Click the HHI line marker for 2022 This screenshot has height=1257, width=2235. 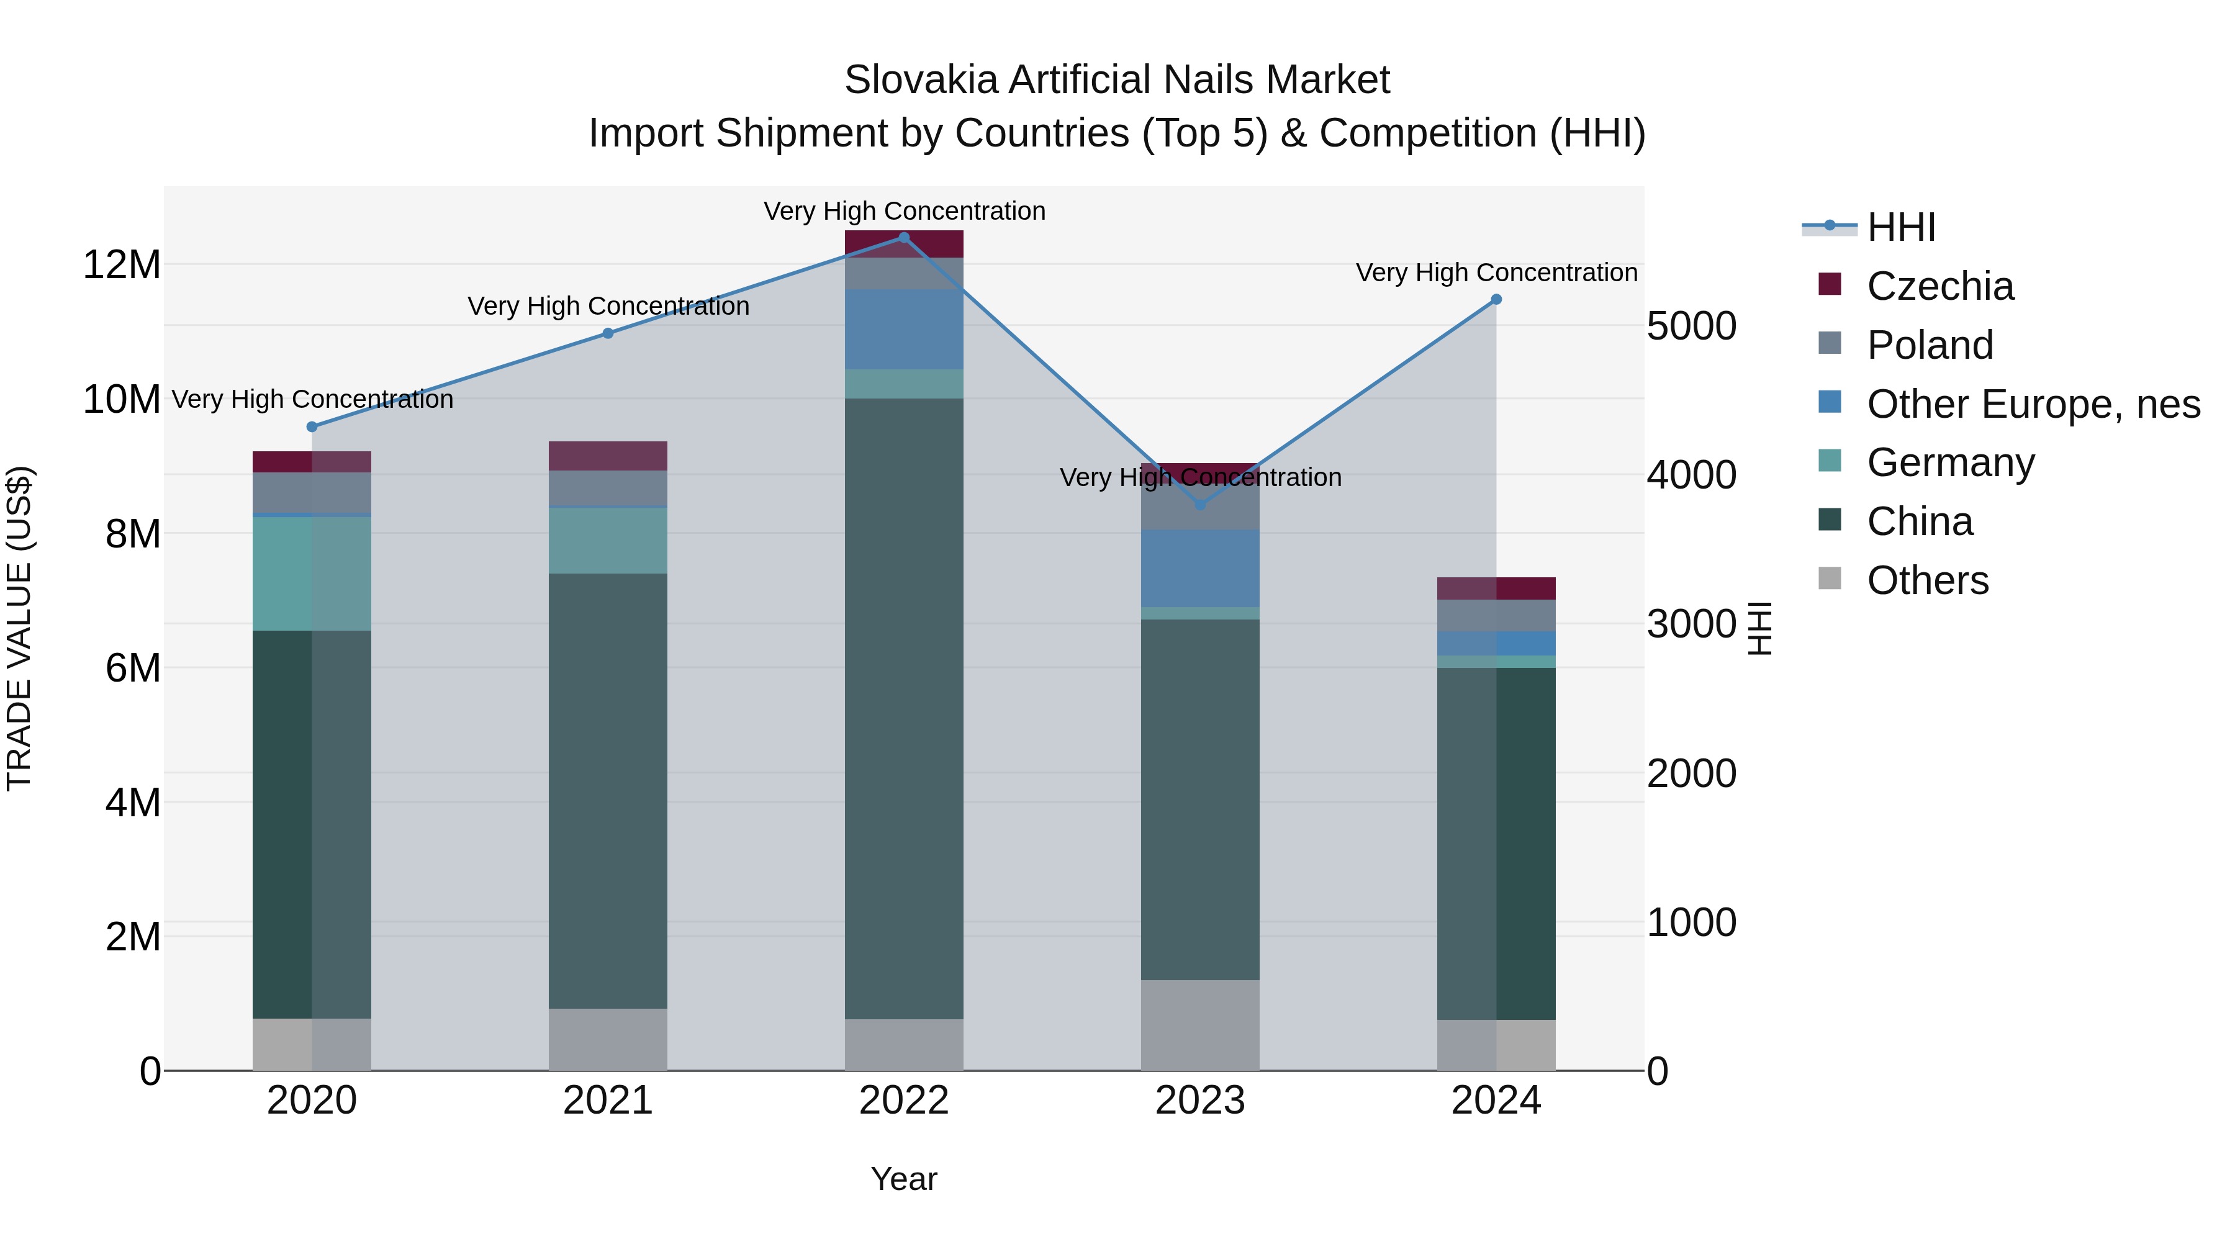point(903,238)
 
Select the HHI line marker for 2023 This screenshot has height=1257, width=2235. point(1200,504)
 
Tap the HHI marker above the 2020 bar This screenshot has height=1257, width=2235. point(312,427)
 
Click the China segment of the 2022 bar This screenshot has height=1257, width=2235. point(903,708)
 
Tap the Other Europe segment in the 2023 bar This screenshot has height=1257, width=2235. point(1200,568)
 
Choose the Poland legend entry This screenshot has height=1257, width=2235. point(1930,345)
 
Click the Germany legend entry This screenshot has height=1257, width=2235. point(1951,462)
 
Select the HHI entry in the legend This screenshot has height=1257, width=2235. point(1900,227)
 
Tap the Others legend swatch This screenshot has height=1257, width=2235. point(1829,578)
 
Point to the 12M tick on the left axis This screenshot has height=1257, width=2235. point(122,264)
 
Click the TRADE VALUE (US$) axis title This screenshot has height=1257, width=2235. point(19,628)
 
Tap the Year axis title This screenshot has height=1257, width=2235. point(903,1179)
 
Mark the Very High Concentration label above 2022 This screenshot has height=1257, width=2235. point(904,211)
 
